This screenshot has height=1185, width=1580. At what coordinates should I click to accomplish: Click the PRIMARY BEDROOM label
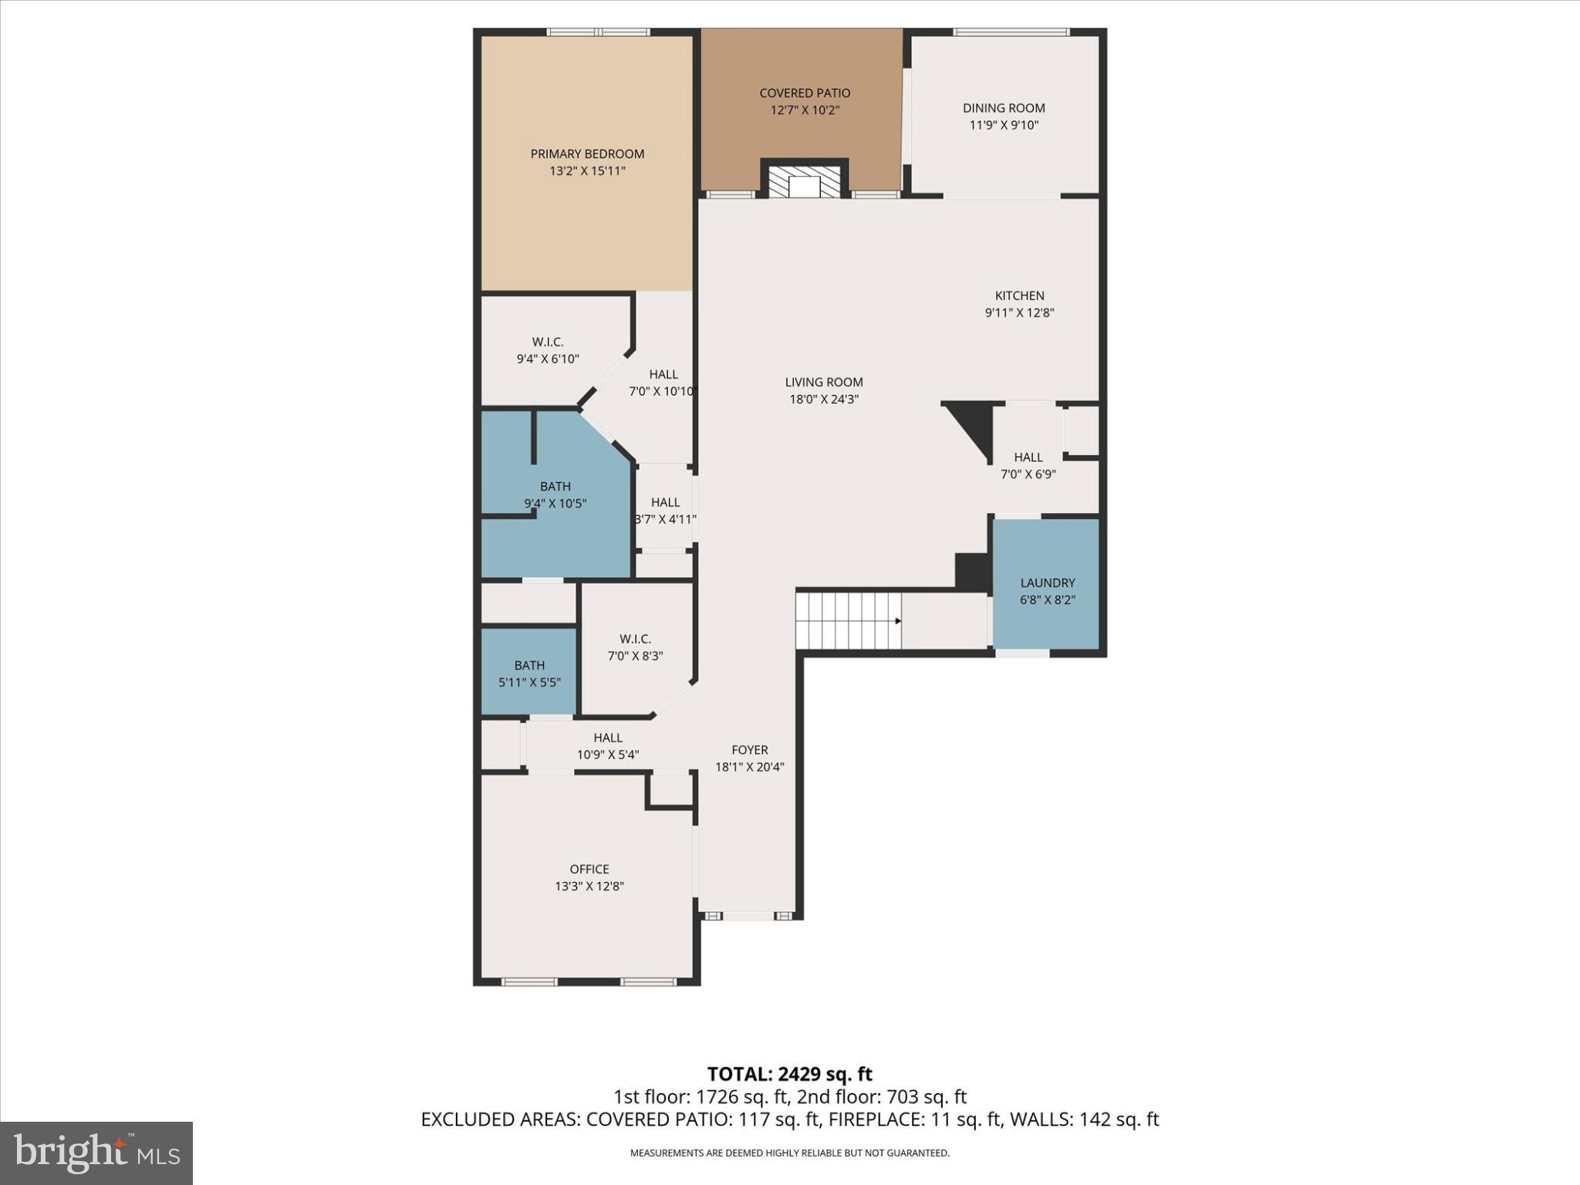click(x=587, y=154)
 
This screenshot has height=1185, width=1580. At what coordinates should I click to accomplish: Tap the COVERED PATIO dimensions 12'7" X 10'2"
click(x=805, y=110)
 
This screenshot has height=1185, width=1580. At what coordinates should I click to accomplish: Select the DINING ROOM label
click(x=1004, y=108)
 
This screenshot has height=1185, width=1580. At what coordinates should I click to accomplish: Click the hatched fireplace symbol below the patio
click(x=805, y=183)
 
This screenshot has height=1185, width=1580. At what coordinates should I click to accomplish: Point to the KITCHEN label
click(x=1019, y=295)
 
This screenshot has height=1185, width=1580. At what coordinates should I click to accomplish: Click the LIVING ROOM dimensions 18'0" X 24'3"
click(x=823, y=400)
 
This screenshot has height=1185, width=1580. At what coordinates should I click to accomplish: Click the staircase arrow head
click(x=897, y=621)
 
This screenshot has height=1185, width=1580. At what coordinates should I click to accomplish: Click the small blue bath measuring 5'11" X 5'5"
click(x=529, y=672)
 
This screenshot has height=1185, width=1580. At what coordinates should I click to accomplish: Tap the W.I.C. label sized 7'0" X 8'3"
click(x=635, y=639)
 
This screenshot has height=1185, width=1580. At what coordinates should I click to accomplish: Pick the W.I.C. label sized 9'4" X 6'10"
click(x=547, y=342)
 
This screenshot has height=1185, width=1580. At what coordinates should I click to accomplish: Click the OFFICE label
click(x=589, y=869)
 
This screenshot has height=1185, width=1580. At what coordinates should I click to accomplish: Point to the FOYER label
click(x=749, y=750)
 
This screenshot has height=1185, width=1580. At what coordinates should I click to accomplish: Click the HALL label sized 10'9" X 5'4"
click(x=608, y=738)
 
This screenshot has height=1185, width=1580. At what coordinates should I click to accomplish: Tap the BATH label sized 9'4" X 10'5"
click(x=555, y=486)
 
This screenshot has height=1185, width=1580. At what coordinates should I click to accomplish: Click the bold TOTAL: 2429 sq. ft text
click(x=789, y=1074)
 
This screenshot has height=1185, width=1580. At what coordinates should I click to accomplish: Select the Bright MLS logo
click(x=96, y=1153)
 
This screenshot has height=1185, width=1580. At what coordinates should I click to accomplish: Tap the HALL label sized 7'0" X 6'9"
click(x=1028, y=457)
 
